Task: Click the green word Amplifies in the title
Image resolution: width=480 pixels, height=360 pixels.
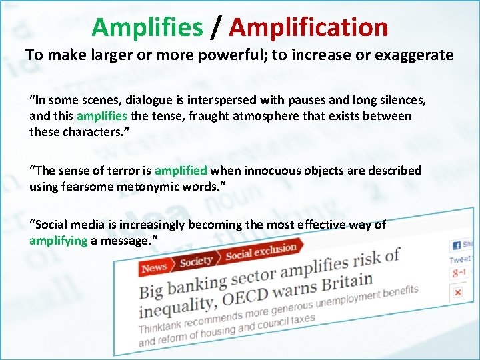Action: pos(147,27)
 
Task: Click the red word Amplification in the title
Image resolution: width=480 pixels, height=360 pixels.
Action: pos(309,27)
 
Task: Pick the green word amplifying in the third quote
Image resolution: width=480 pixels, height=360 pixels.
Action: pos(58,240)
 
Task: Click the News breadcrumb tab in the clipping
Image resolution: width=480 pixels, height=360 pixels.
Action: pos(154,267)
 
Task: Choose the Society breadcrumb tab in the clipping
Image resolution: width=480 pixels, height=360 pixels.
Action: pos(197,260)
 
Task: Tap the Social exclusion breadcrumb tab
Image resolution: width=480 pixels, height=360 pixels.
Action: pos(261,251)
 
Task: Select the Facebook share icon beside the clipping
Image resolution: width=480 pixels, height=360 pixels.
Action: pos(457,245)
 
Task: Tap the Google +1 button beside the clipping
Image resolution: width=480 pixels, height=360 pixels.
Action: pos(459,273)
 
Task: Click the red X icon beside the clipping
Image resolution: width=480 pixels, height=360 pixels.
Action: pos(458,292)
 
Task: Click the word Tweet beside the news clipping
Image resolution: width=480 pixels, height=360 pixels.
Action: pos(460,259)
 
